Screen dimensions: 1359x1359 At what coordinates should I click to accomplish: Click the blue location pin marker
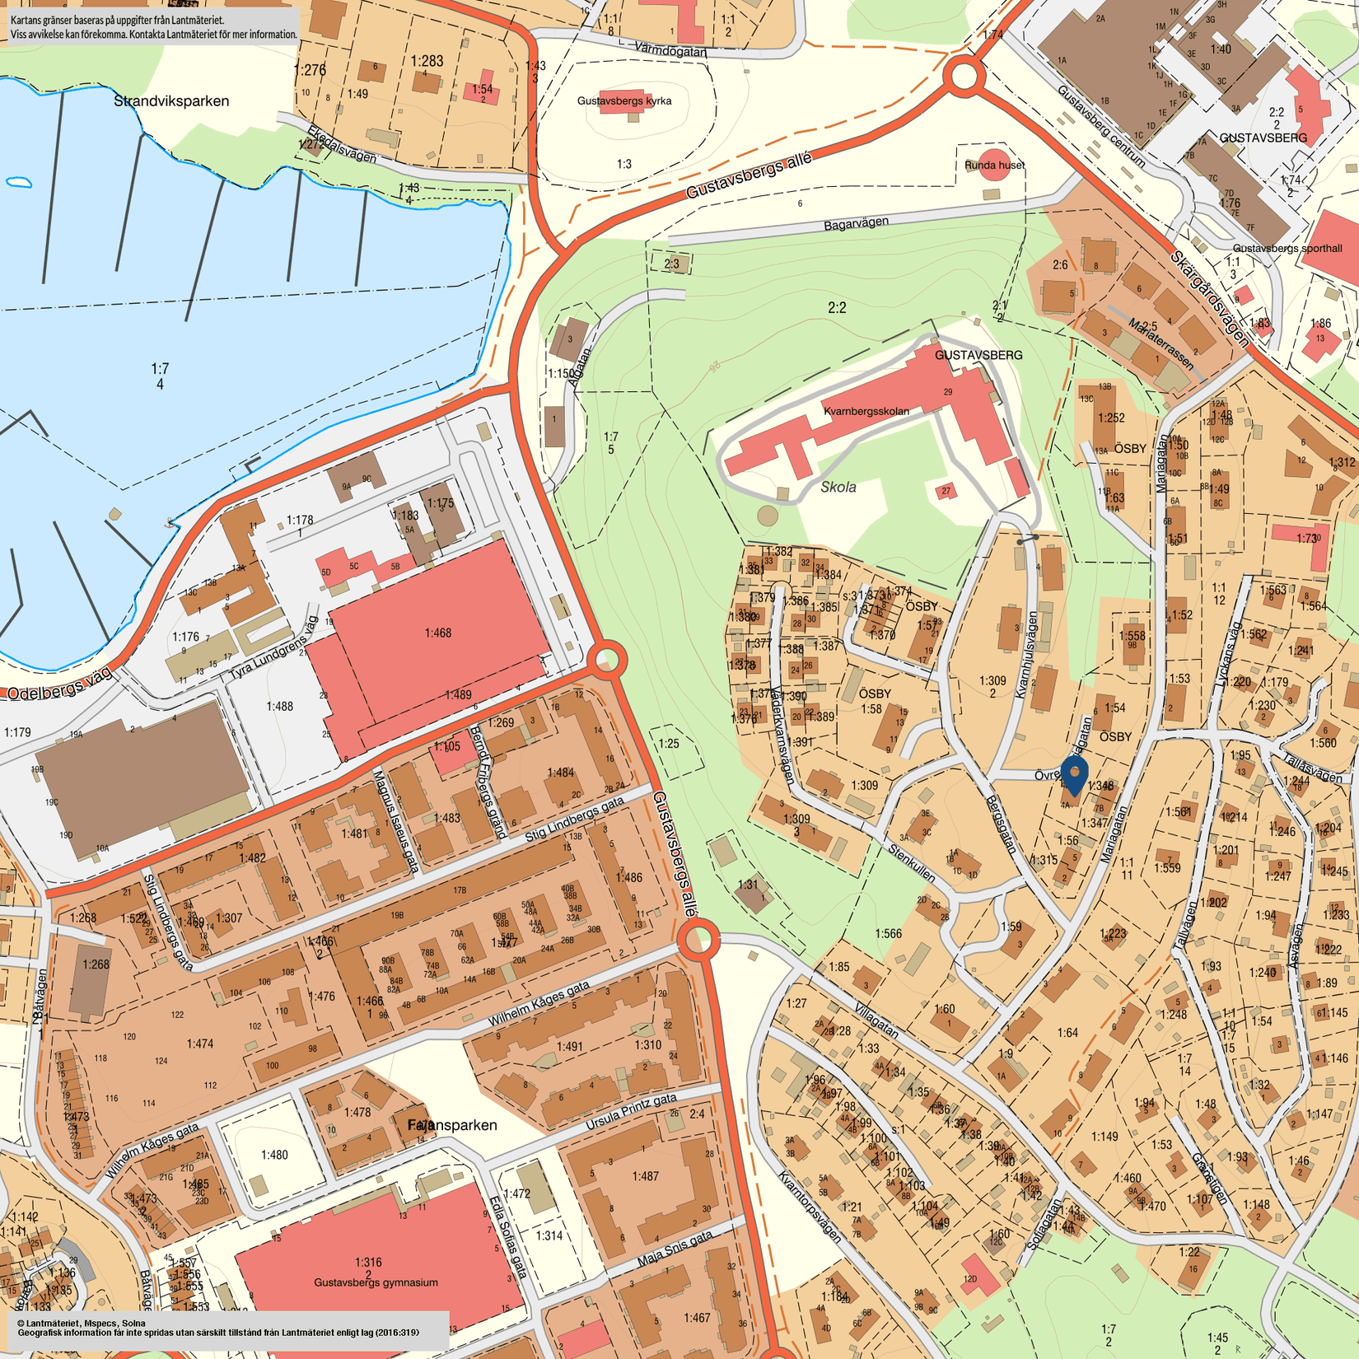1074,775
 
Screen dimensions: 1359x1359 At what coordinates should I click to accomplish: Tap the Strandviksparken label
171,101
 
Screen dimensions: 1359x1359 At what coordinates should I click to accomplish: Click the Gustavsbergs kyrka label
623,101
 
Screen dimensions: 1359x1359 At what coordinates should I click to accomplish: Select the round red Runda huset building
994,165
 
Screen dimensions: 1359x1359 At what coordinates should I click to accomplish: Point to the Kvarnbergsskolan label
866,411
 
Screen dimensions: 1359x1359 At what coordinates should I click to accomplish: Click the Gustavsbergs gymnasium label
376,1282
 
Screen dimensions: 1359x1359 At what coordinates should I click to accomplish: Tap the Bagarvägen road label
857,223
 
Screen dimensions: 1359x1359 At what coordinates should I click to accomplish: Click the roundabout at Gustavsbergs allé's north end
964,76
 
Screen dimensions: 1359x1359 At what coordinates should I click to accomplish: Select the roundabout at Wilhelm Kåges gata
698,939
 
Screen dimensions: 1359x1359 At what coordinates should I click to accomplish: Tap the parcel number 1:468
437,633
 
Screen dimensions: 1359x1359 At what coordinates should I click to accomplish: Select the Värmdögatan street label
670,50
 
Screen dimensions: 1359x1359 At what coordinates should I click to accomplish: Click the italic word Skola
838,488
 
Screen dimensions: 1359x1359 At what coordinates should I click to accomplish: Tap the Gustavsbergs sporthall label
1287,248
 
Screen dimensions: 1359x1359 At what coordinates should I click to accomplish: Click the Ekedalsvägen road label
341,144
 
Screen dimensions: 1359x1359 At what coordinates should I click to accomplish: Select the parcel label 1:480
274,1155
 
